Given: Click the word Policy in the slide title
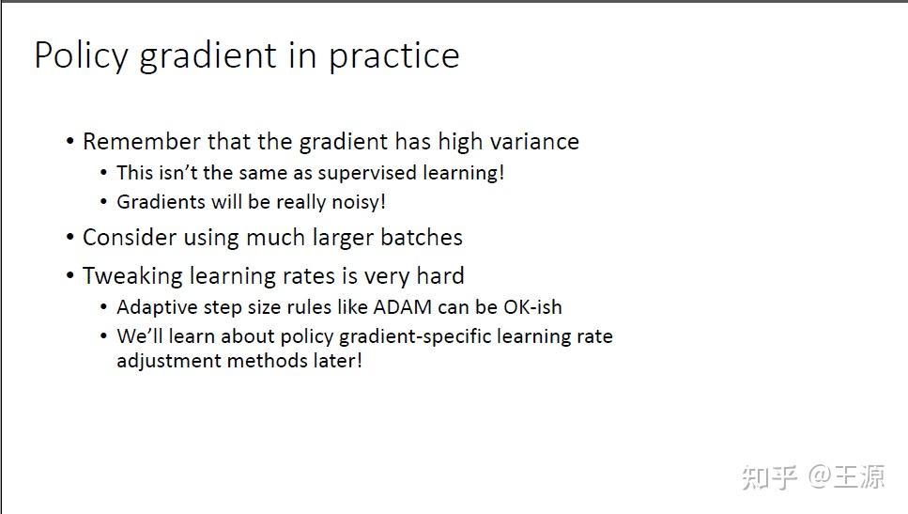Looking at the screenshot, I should [x=80, y=56].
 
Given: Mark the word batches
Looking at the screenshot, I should [x=419, y=238].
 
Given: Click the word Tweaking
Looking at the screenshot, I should [x=131, y=276].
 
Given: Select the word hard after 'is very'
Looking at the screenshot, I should [x=439, y=276].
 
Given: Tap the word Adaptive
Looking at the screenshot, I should [x=152, y=307].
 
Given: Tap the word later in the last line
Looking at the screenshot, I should [x=332, y=361].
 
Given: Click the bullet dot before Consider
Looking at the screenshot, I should [x=70, y=238].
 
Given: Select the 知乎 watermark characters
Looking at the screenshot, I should [x=770, y=476].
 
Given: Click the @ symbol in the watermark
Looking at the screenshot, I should [x=821, y=476].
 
